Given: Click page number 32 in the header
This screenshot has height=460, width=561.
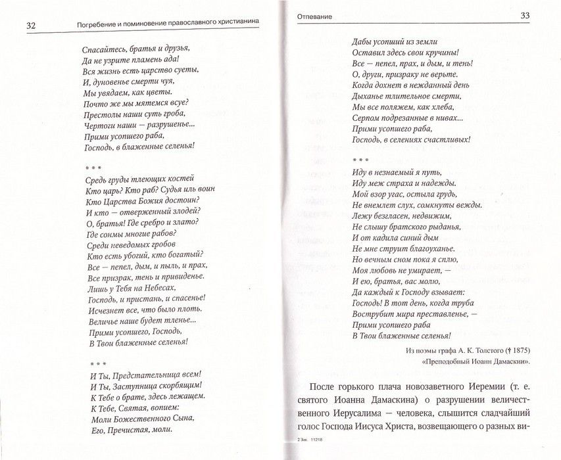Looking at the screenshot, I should click(30, 26).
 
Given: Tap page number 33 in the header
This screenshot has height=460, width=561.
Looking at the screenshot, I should click(525, 16).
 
